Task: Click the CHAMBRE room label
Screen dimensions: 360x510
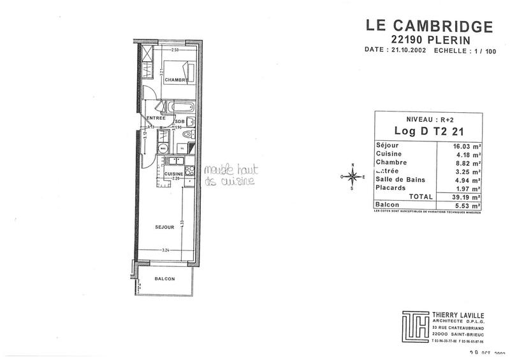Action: pyautogui.click(x=176, y=80)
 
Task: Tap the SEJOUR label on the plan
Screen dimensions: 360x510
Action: pyautogui.click(x=165, y=226)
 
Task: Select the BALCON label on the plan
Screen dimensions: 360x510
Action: pyautogui.click(x=164, y=280)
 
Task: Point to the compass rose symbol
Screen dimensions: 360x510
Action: pyautogui.click(x=353, y=176)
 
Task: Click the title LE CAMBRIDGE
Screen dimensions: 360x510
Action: pyautogui.click(x=429, y=26)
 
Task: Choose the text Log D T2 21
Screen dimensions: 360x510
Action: pyautogui.click(x=427, y=131)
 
